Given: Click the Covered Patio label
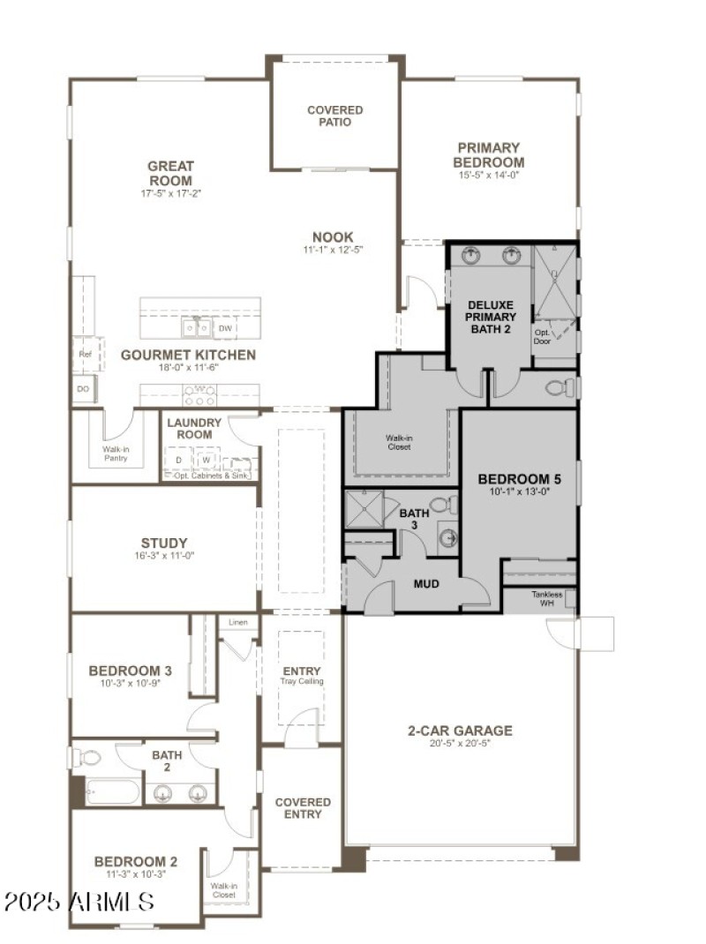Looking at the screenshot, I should (334, 116).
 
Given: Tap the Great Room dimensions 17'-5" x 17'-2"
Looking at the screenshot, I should (171, 192).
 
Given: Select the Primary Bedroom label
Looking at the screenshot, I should (488, 154).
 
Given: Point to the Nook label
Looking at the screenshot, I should (333, 236).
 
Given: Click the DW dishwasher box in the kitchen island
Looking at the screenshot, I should (226, 328).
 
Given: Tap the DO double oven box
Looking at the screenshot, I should (84, 388).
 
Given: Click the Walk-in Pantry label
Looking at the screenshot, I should (116, 454).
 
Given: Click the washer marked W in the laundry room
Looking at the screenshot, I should (206, 460).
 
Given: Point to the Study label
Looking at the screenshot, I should (164, 543).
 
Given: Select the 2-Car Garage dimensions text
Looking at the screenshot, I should (460, 744).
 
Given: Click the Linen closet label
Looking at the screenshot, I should (237, 623).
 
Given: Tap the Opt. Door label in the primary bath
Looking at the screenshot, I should (542, 336).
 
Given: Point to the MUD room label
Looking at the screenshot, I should (426, 583).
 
